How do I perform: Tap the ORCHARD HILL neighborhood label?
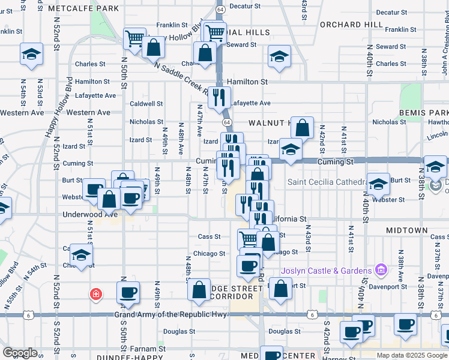(x=351, y=24)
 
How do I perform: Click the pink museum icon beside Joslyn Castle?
(x=379, y=271)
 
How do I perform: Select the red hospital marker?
(x=95, y=294)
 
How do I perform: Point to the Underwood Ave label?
(x=89, y=214)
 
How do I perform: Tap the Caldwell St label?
(x=146, y=104)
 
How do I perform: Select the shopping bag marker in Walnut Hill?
(x=303, y=128)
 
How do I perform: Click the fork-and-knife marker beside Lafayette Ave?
(x=219, y=97)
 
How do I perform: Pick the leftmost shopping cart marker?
(x=135, y=39)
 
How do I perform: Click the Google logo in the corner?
(x=20, y=353)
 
